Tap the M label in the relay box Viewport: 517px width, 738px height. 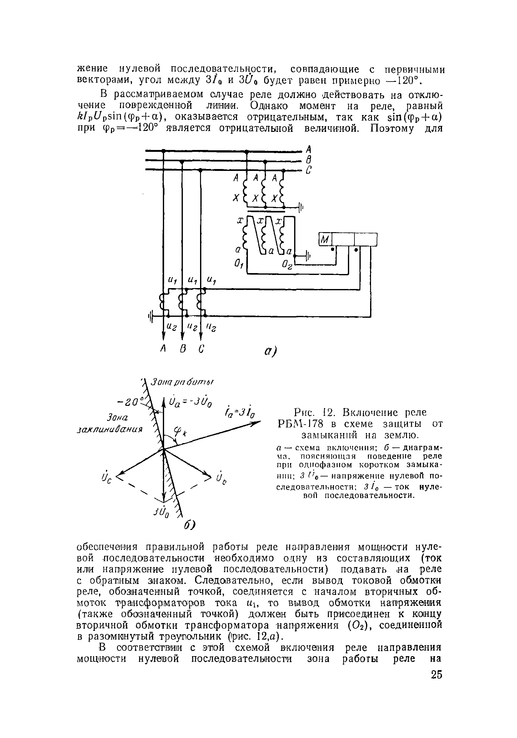tap(325, 239)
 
